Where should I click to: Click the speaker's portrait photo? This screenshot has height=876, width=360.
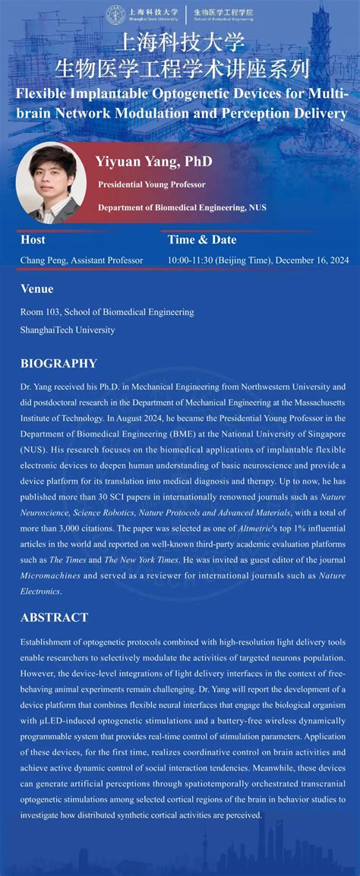tap(51, 182)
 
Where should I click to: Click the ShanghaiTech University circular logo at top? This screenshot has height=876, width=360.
tap(115, 14)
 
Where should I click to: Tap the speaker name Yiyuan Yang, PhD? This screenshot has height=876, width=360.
tap(153, 162)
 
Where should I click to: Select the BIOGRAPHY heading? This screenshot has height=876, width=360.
tap(58, 364)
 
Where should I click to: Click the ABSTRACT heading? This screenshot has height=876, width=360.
tap(54, 617)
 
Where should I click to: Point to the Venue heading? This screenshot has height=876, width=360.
tap(36, 288)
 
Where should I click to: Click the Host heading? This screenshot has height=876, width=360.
tap(33, 240)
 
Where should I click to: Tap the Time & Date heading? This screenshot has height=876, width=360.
tap(202, 240)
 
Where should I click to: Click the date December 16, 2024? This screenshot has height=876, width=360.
tap(312, 260)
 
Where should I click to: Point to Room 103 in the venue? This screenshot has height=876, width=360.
tap(40, 312)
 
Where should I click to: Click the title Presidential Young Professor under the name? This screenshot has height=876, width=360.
tap(151, 184)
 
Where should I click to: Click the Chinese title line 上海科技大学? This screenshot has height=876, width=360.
tap(179, 43)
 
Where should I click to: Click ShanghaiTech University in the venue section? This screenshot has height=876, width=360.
tap(68, 330)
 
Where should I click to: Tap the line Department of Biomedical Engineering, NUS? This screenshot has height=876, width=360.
tap(182, 207)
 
